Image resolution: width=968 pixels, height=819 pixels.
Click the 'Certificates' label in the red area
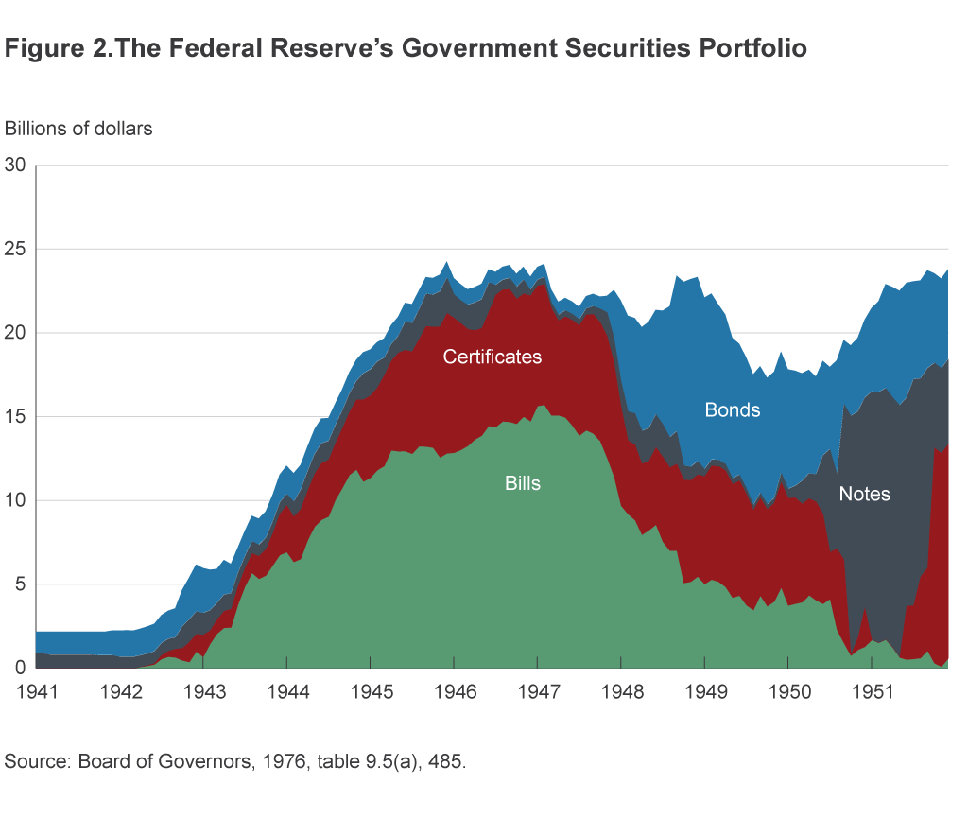click(x=493, y=357)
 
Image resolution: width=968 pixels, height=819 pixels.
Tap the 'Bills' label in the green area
click(x=523, y=483)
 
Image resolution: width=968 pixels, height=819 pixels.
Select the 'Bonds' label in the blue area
click(x=733, y=410)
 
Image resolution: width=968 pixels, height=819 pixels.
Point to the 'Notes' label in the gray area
click(x=864, y=494)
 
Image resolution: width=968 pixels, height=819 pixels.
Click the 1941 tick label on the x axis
click(x=36, y=691)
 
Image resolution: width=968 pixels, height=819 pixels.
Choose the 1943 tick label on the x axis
click(x=204, y=691)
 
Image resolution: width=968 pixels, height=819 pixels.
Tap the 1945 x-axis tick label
click(x=372, y=691)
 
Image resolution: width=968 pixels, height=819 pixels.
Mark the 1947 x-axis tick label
click(x=538, y=691)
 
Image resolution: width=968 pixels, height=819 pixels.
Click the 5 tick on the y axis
click(x=19, y=584)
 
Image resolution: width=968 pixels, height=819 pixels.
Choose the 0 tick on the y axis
click(x=19, y=668)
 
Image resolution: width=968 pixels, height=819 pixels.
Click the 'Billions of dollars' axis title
click(x=78, y=129)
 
